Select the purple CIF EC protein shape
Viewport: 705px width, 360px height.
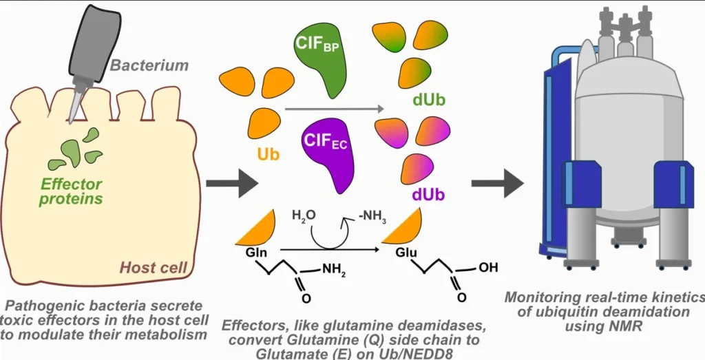tap(327, 149)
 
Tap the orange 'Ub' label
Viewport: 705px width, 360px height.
tap(269, 154)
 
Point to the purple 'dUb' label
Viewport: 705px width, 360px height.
tap(429, 195)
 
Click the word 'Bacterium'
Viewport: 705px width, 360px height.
tap(149, 66)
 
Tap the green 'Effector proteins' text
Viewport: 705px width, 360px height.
tap(72, 191)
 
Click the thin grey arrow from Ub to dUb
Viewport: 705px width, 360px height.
tap(335, 108)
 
